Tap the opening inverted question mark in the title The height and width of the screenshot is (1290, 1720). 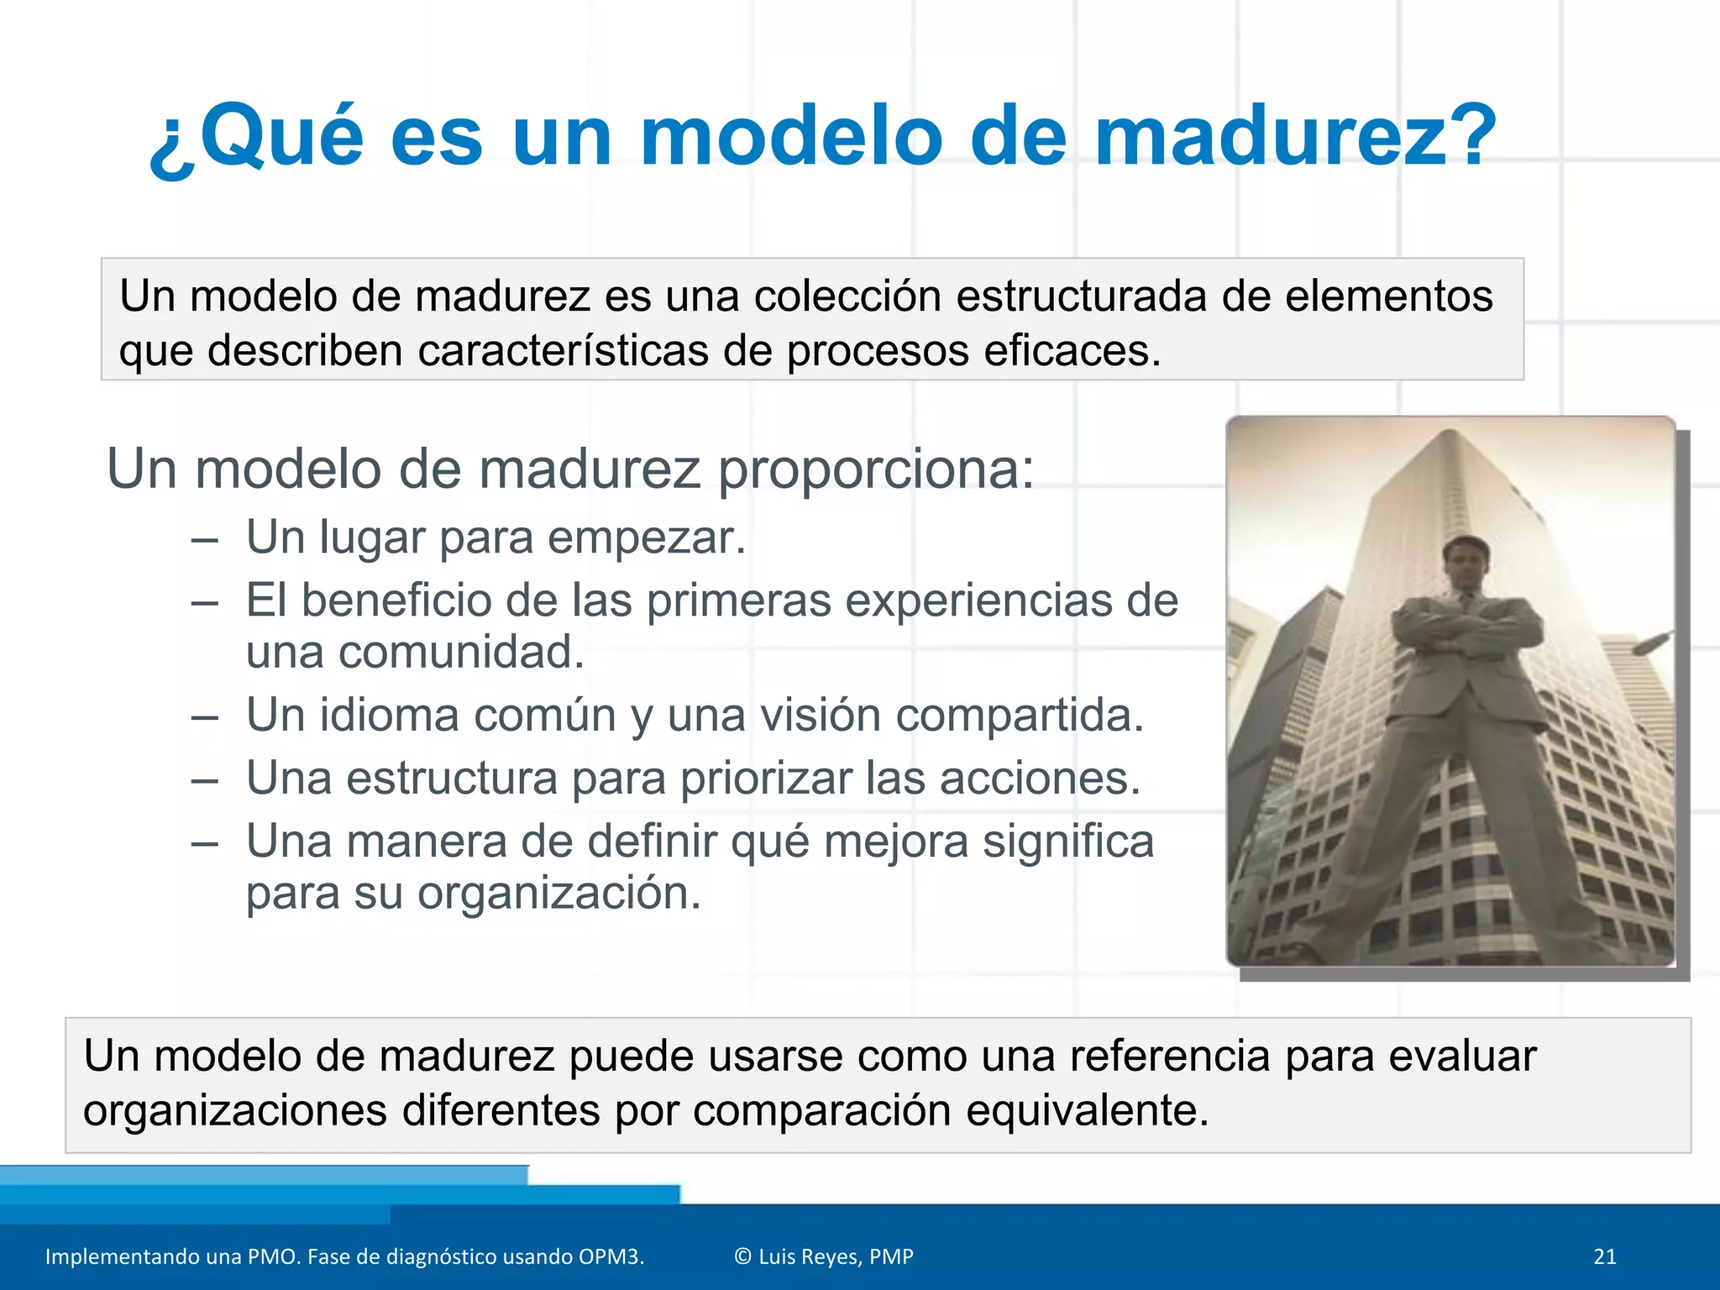click(172, 147)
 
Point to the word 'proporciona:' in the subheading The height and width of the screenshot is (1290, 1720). click(875, 469)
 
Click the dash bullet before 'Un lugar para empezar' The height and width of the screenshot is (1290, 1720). click(205, 539)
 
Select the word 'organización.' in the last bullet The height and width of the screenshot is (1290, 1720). click(558, 893)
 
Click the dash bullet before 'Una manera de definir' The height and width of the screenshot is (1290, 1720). click(205, 842)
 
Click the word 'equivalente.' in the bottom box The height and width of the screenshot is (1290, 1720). click(1087, 1110)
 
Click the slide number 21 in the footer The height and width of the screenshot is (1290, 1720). click(1604, 1256)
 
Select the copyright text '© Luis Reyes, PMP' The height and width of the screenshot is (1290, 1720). click(823, 1256)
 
